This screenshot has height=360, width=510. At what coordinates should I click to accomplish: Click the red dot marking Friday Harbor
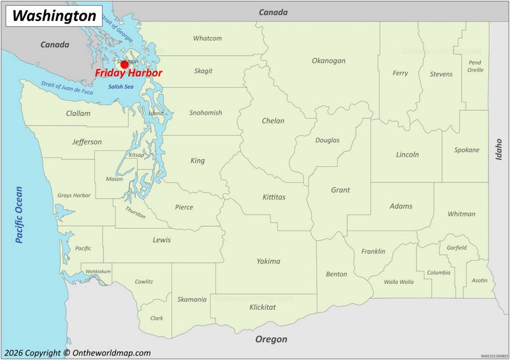pos(124,64)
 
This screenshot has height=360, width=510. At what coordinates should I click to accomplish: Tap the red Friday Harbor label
pos(129,73)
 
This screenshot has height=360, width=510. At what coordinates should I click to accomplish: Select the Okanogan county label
pos(328,61)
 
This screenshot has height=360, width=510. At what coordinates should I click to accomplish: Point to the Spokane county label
pos(467,150)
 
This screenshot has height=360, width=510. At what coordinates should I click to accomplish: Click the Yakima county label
pos(268,261)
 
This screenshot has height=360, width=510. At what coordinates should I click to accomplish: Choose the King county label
pos(198,161)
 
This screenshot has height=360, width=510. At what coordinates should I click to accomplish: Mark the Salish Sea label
pos(120,87)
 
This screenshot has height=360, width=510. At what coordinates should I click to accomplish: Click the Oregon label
pos(271,340)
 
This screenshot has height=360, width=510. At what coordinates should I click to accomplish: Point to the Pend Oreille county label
pos(475,66)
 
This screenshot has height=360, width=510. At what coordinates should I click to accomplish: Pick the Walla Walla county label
pos(398,282)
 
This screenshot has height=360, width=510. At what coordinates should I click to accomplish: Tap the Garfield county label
pos(456,247)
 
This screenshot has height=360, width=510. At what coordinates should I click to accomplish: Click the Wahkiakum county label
pos(98,271)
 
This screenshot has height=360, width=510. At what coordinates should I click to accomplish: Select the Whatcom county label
pos(207,38)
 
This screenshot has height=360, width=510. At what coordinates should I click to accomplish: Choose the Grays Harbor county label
pos(74,195)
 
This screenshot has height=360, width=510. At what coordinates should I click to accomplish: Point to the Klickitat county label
pos(263,307)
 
